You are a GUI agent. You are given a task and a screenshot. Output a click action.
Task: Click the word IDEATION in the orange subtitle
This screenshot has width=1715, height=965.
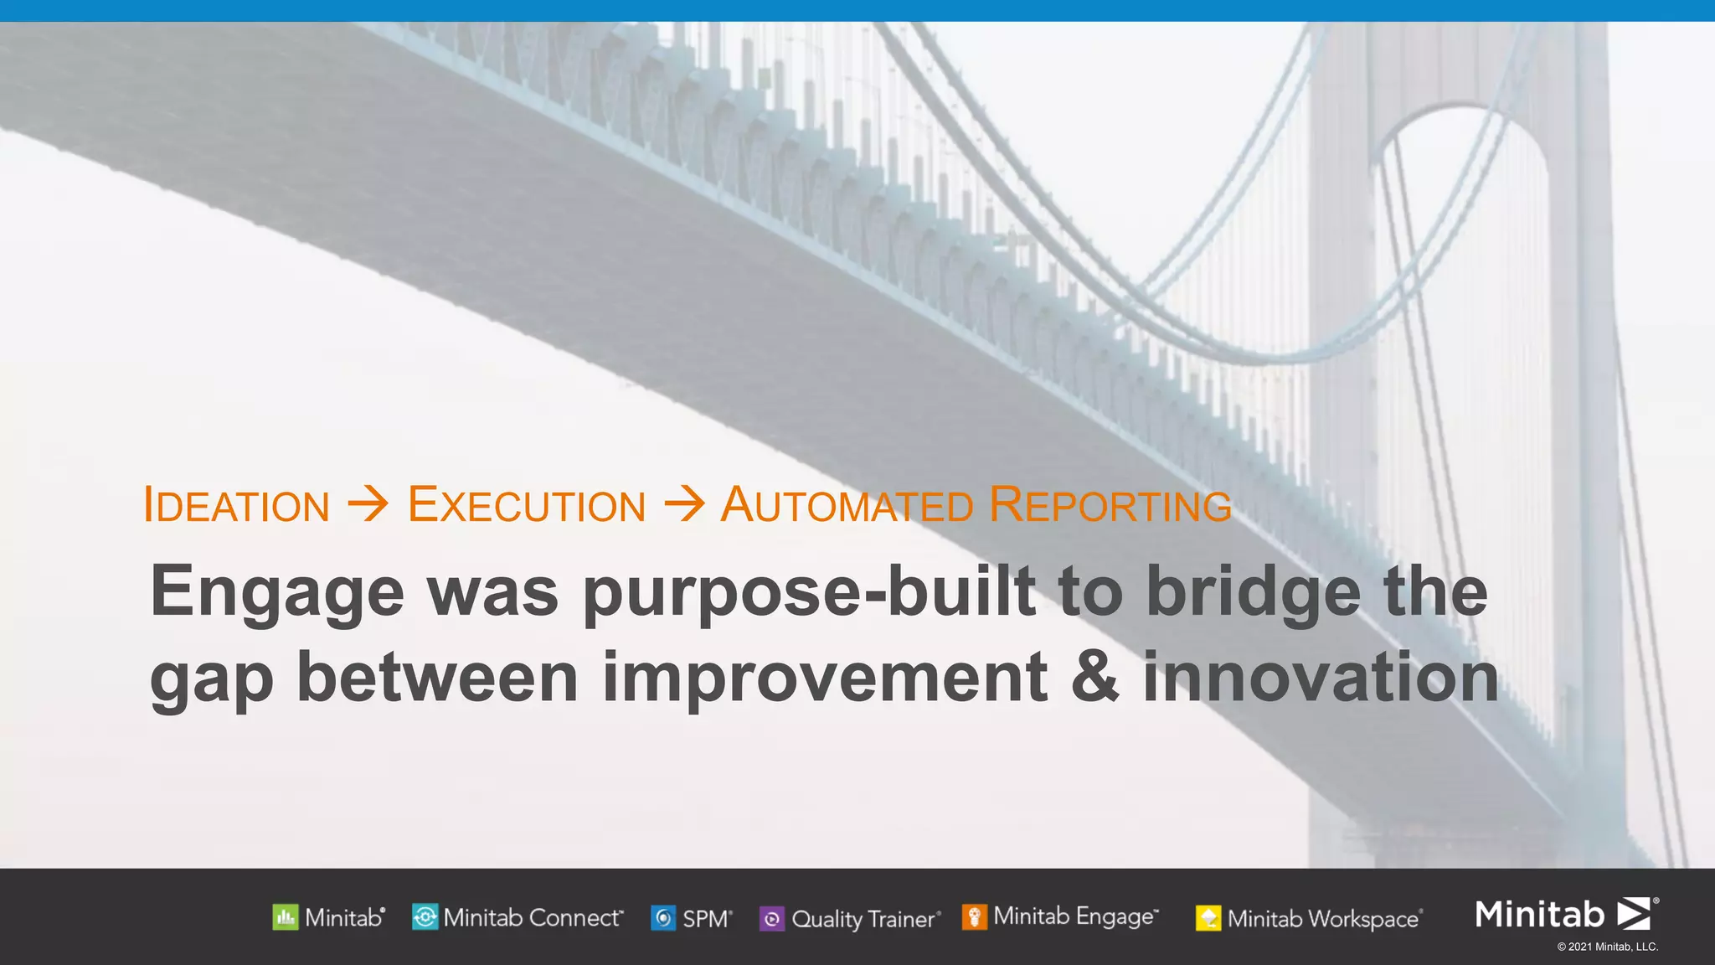tap(237, 505)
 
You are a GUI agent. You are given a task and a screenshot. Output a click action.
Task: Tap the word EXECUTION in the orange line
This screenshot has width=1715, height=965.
tap(527, 505)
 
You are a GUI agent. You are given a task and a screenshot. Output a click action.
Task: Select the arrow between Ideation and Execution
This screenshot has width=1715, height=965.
tap(368, 504)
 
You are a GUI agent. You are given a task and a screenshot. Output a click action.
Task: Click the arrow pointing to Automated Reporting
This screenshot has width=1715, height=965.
tap(684, 504)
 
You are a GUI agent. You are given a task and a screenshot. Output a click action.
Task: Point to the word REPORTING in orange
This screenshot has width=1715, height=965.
tap(1110, 505)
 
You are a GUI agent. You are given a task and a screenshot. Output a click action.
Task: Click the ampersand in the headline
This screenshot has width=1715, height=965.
tap(1094, 677)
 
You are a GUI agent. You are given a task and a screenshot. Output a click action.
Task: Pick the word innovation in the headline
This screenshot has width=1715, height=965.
tap(1321, 677)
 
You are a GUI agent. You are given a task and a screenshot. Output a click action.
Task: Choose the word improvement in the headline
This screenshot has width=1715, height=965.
tap(825, 677)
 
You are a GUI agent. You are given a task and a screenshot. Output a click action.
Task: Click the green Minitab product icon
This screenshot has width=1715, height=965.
tap(285, 918)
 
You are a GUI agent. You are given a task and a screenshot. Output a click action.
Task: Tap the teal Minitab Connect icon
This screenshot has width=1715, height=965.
tap(425, 918)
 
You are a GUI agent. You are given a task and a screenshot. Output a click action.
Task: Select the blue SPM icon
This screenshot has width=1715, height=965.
tap(663, 919)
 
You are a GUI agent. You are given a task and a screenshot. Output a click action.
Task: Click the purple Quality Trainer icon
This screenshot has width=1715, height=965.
tap(771, 919)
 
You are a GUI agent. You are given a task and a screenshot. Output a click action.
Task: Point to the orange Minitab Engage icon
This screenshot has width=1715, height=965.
tap(974, 917)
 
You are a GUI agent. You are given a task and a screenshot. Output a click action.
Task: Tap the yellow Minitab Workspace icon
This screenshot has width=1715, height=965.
tap(1208, 919)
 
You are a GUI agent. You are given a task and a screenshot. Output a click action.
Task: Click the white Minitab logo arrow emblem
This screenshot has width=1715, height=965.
tap(1634, 914)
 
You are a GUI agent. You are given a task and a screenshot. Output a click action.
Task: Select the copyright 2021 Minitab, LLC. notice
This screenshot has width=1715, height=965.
tap(1607, 947)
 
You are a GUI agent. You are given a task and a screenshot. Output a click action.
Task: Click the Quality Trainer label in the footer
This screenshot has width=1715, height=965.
tap(863, 919)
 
